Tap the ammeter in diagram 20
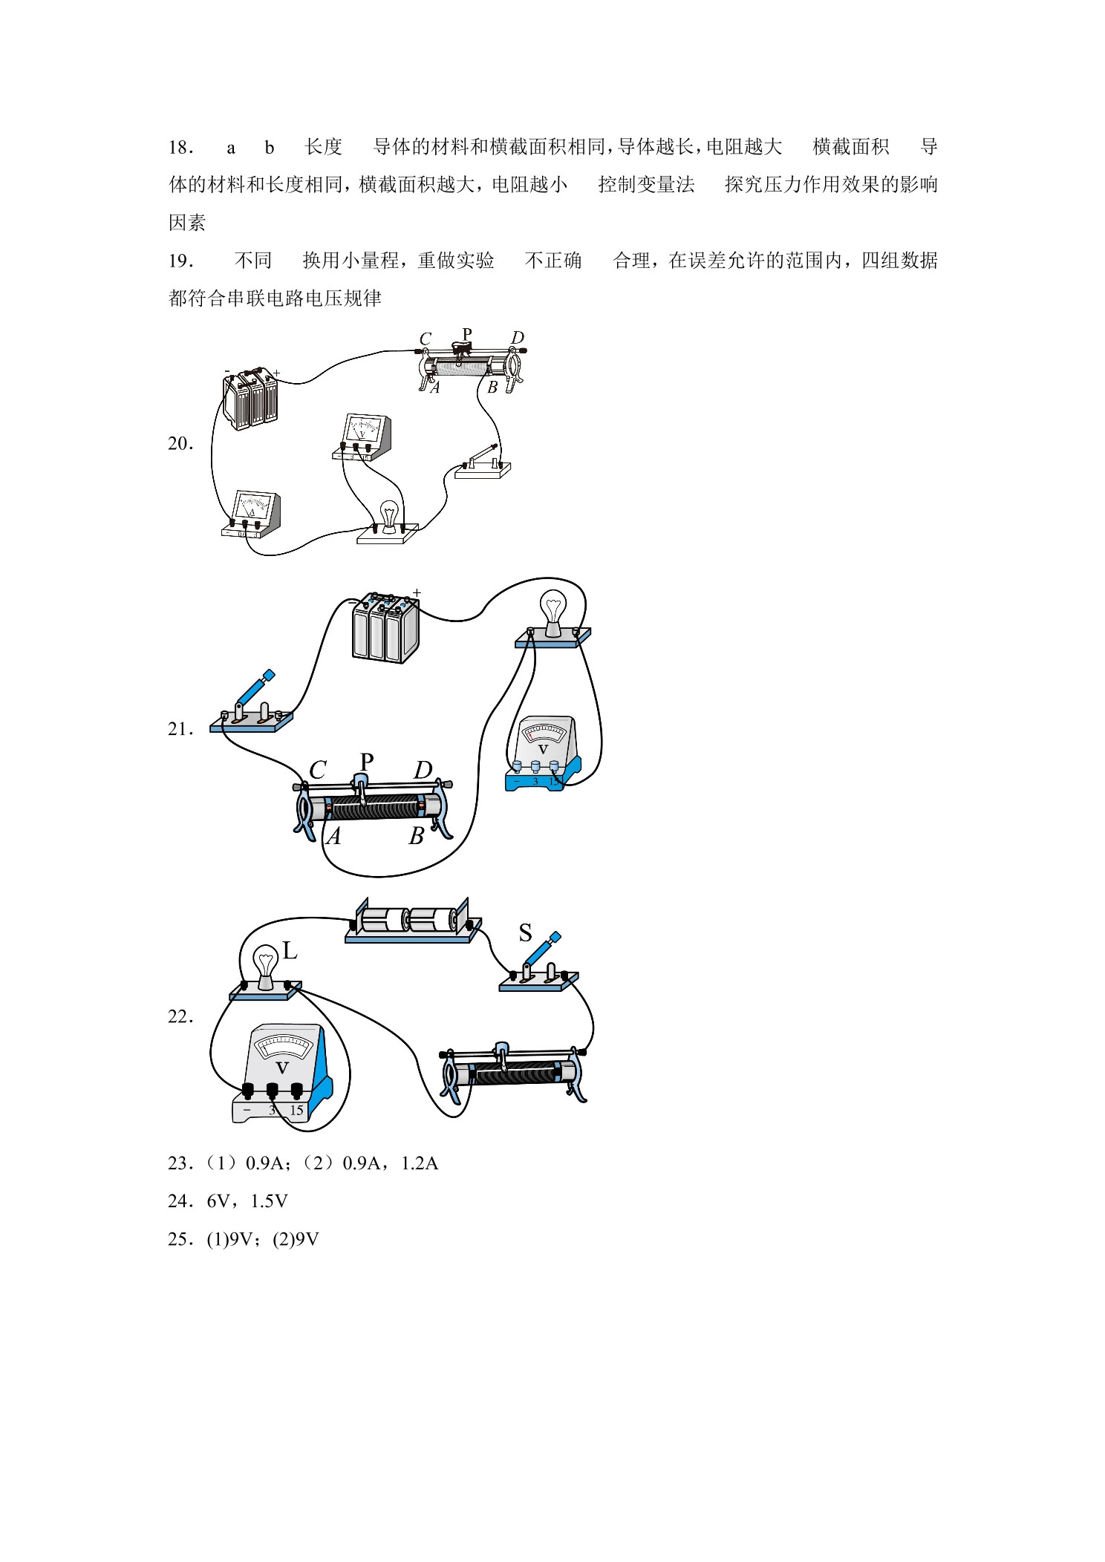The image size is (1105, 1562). click(x=252, y=514)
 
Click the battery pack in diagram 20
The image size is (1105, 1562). click(x=250, y=398)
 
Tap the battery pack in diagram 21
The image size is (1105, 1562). click(x=385, y=628)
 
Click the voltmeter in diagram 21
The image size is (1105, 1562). click(x=543, y=753)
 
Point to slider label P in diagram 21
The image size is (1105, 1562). click(x=367, y=762)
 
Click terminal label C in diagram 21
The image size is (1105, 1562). click(x=318, y=770)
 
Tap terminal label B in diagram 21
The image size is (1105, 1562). click(x=417, y=836)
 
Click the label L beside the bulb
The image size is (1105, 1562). click(x=290, y=950)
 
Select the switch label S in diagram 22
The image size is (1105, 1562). click(x=525, y=932)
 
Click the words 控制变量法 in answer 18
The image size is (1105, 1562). click(x=647, y=184)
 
